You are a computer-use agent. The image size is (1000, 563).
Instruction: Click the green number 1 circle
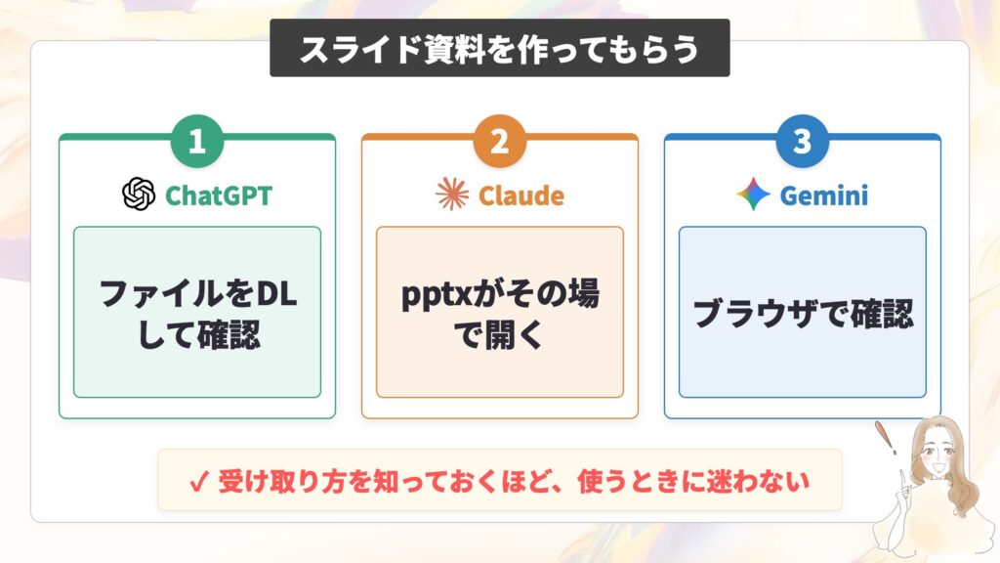click(197, 141)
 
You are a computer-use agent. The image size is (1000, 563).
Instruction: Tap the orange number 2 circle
click(499, 141)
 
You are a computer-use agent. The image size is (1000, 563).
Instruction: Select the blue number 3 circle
click(803, 141)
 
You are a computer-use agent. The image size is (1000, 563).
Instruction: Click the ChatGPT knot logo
click(139, 195)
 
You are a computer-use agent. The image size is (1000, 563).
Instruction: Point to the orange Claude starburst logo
click(452, 195)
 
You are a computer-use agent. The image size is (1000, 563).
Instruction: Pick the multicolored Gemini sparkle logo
click(753, 195)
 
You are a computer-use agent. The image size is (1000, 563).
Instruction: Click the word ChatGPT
click(219, 195)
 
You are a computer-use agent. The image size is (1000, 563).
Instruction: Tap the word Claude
click(521, 195)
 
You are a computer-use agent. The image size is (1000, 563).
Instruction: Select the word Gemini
click(824, 195)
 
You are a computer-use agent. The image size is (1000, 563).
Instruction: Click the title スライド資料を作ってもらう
click(499, 49)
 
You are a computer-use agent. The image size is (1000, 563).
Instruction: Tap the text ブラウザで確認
click(803, 313)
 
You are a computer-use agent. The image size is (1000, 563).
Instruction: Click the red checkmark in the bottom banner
click(199, 482)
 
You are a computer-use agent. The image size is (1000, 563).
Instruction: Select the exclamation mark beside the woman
click(886, 437)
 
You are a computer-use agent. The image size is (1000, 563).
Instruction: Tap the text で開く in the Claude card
click(498, 334)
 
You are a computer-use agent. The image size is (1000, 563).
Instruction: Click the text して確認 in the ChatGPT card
click(198, 334)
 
